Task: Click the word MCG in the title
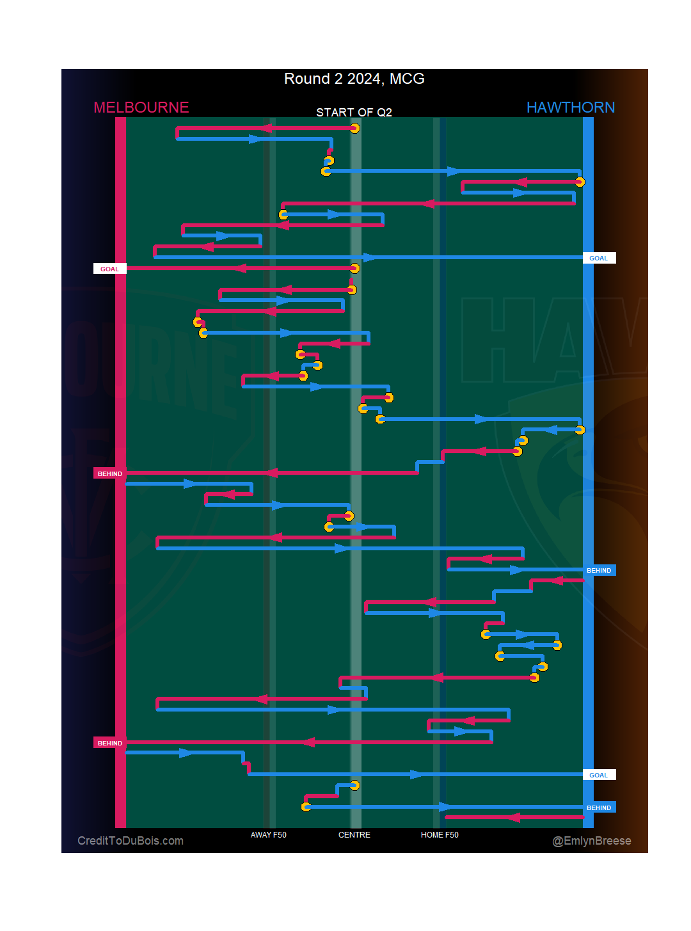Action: coord(407,79)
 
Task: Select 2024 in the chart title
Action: coord(364,79)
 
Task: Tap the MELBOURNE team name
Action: coord(141,107)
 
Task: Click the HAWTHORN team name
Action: coord(570,107)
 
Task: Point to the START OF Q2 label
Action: coord(354,113)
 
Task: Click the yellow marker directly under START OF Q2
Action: coord(354,128)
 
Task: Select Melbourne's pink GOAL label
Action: coord(109,269)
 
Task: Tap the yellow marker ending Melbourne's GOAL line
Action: coord(354,268)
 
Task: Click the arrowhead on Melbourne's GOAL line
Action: coord(239,268)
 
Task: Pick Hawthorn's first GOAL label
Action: coord(599,258)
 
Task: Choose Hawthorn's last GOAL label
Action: coord(599,775)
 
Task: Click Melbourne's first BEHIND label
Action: coord(109,473)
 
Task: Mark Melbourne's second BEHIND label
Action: coord(109,743)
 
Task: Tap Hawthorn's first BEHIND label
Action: coord(599,570)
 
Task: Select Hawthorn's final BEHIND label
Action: coord(599,808)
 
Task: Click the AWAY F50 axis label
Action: coord(268,835)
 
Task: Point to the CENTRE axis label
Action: coord(354,835)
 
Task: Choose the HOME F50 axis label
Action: coord(440,835)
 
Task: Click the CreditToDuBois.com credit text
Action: coord(131,841)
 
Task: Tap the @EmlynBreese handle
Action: coord(591,841)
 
